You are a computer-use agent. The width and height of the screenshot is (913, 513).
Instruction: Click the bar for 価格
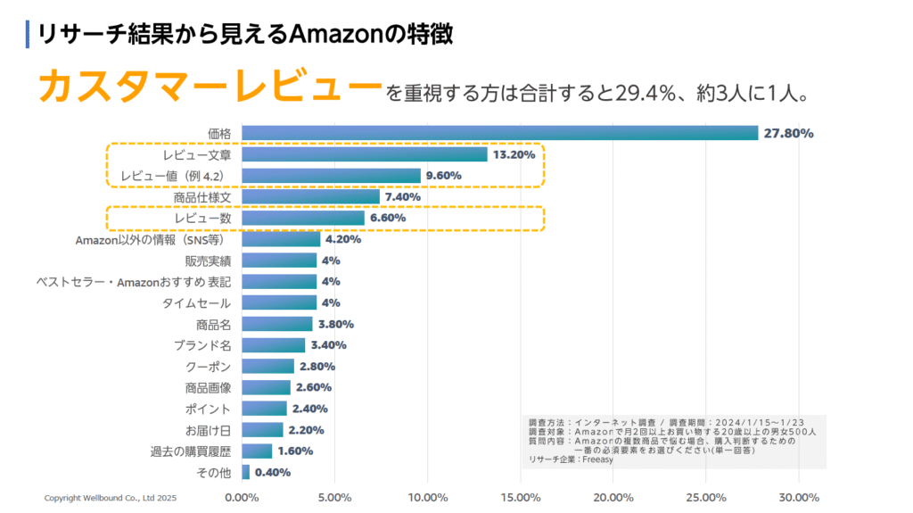click(x=499, y=133)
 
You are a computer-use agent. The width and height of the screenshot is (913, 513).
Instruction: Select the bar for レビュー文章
click(x=365, y=154)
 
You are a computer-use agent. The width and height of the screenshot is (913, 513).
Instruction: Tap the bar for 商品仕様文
click(x=310, y=196)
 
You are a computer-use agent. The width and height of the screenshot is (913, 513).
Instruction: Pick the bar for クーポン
click(x=267, y=367)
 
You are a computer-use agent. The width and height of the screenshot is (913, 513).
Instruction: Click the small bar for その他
click(x=245, y=472)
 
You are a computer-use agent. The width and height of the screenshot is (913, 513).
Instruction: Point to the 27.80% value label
click(x=788, y=134)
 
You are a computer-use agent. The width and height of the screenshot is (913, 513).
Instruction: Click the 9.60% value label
click(x=443, y=176)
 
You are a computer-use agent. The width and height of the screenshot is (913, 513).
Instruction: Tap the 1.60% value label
click(x=294, y=451)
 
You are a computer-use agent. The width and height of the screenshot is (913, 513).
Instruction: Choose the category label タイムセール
click(x=197, y=302)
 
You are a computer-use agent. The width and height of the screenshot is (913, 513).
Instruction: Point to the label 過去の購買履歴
click(x=191, y=451)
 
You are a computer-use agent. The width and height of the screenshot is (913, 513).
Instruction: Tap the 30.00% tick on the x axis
click(x=799, y=498)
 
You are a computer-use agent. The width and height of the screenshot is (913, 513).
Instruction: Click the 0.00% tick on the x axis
click(x=242, y=498)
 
